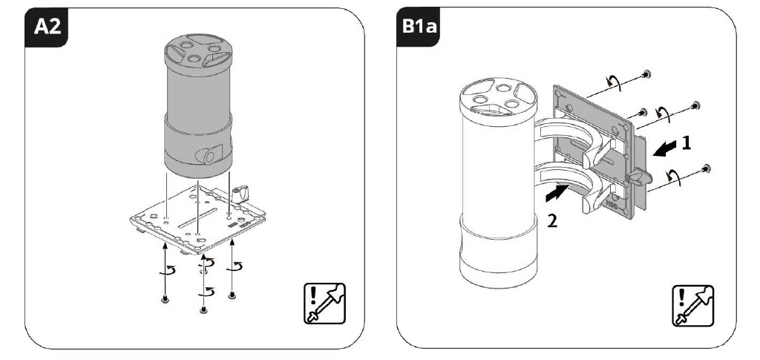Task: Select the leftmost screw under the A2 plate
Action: [x=165, y=299]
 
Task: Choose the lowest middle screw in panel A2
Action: [x=203, y=309]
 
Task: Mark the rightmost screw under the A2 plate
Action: [x=232, y=295]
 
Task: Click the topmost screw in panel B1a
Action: [x=648, y=74]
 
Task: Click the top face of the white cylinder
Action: [x=494, y=99]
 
